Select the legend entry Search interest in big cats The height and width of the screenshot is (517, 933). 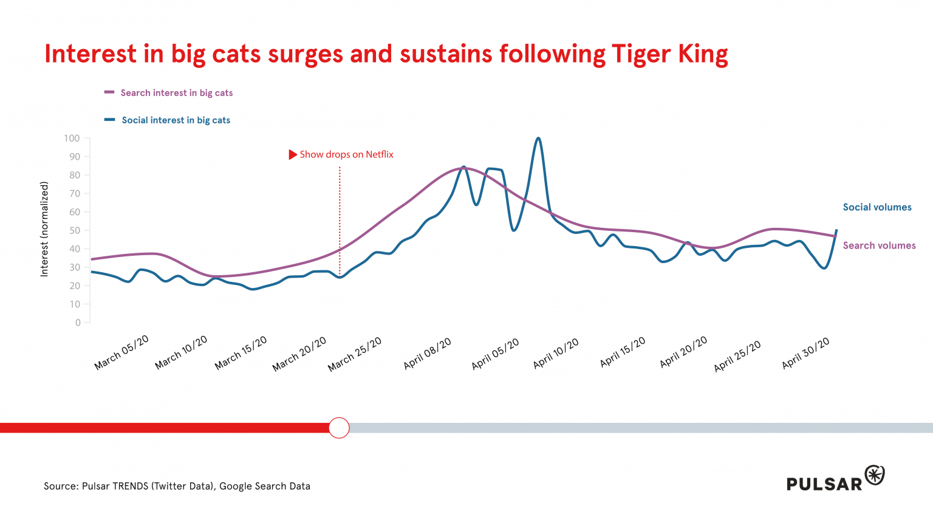tap(176, 93)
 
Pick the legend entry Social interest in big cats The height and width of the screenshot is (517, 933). tap(176, 120)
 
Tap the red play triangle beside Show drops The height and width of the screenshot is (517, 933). tap(293, 155)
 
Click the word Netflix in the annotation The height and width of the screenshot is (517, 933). tap(380, 155)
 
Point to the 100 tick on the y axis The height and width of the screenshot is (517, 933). tap(72, 139)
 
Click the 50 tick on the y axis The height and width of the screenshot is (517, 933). tap(74, 231)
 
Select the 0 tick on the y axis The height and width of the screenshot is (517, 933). tap(78, 323)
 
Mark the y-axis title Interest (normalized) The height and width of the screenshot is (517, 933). tap(44, 230)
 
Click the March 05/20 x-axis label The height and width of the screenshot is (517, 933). tap(121, 353)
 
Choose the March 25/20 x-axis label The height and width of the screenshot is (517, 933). tap(355, 354)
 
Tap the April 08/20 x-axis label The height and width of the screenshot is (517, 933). tap(428, 354)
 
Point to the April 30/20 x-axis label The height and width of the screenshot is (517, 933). tap(805, 354)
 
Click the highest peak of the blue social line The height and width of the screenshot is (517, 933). tap(538, 139)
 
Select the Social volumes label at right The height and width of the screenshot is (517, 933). tap(877, 207)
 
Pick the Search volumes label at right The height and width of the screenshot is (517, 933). tap(879, 245)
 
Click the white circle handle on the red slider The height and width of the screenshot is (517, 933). tap(339, 428)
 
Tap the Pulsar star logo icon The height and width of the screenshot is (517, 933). tap(875, 475)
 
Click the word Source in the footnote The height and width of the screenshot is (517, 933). tap(61, 486)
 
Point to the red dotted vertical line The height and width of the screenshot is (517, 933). tap(340, 219)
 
